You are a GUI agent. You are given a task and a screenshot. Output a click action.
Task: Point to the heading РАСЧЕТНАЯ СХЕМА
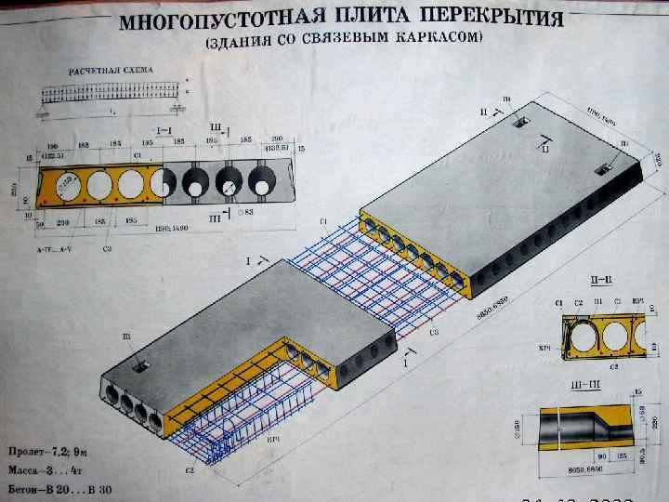(111, 71)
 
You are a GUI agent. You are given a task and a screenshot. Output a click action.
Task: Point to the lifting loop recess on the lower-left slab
(139, 367)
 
